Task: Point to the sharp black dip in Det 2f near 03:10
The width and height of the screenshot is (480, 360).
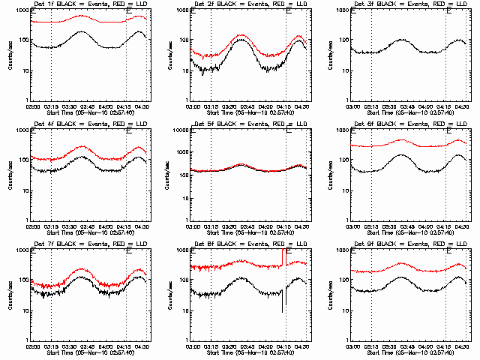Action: tap(202, 74)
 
